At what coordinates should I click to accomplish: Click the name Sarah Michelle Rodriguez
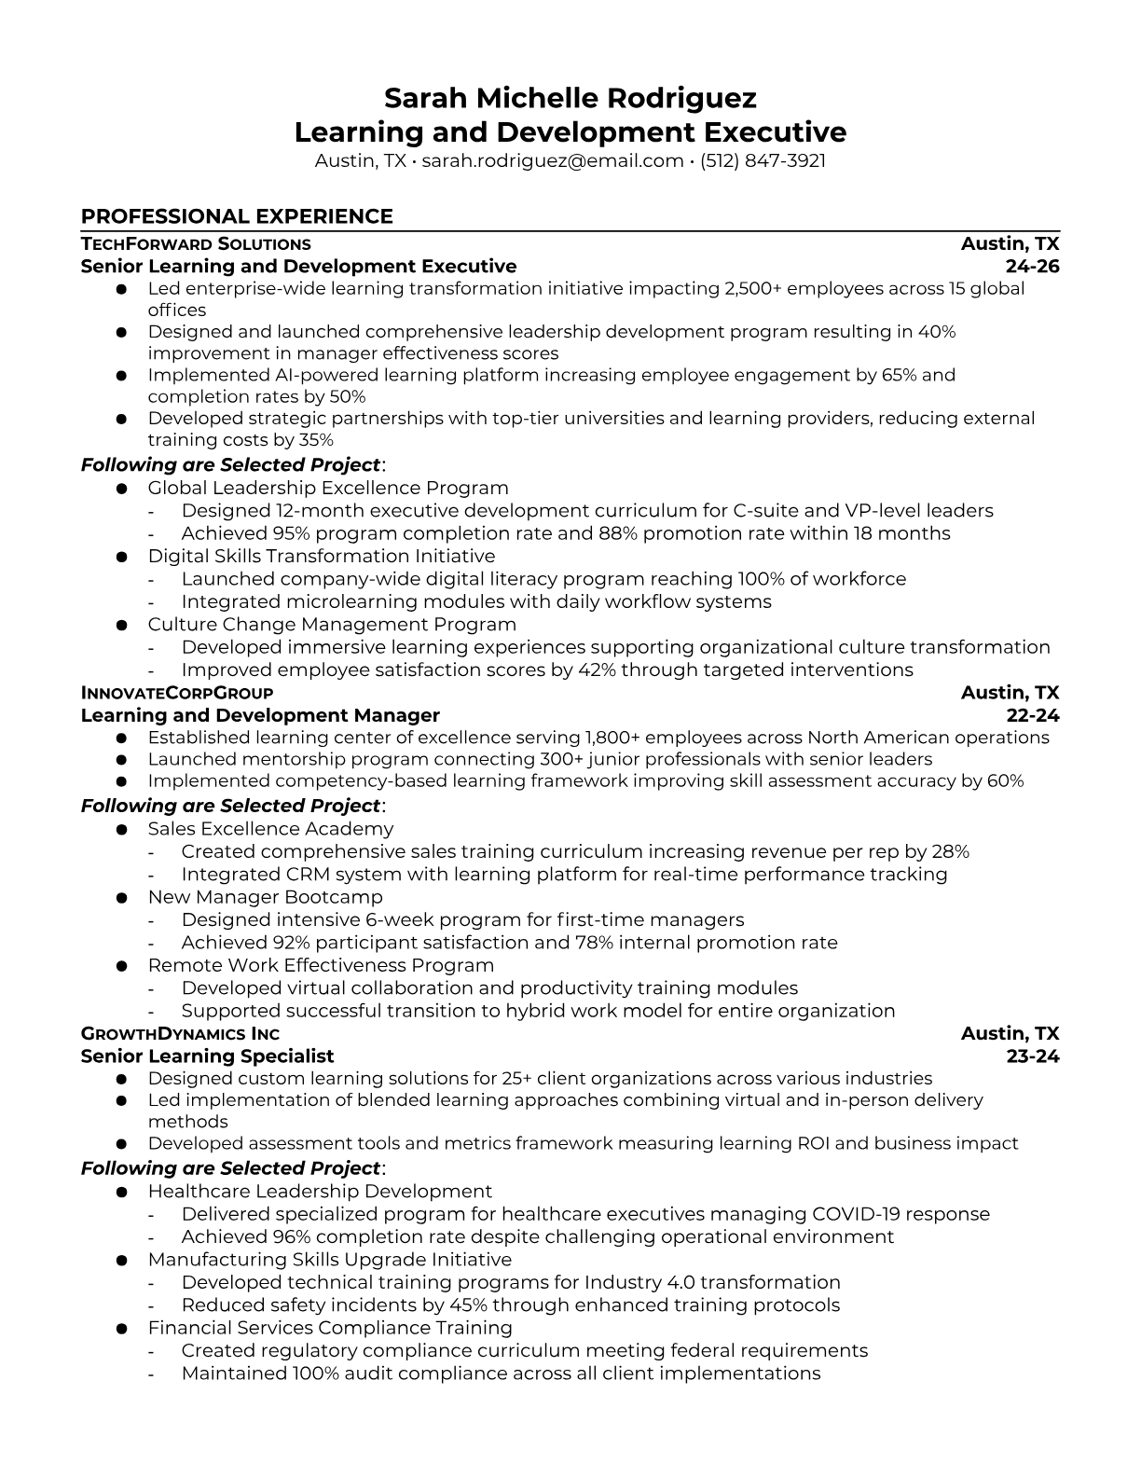(x=570, y=98)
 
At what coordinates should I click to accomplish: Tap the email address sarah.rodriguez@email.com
(x=553, y=160)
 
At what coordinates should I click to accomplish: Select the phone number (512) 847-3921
(x=763, y=160)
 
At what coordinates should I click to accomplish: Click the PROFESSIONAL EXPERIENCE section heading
(x=237, y=216)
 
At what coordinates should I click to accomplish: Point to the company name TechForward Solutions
(x=196, y=244)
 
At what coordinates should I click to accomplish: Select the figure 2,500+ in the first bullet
(x=752, y=288)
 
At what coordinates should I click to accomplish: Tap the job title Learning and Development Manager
(x=260, y=715)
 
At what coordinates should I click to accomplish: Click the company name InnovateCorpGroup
(x=177, y=693)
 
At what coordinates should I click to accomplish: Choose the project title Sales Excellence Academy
(x=270, y=829)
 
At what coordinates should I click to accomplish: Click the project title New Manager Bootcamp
(x=265, y=897)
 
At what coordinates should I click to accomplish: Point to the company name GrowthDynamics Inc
(x=180, y=1033)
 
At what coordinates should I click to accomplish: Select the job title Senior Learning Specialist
(x=207, y=1056)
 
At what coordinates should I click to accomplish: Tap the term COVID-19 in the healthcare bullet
(x=856, y=1214)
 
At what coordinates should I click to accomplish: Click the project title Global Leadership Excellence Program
(x=328, y=488)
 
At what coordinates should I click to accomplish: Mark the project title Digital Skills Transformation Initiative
(x=322, y=556)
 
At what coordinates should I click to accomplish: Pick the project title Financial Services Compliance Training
(x=330, y=1328)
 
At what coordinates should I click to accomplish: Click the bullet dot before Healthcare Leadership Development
(x=121, y=1193)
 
